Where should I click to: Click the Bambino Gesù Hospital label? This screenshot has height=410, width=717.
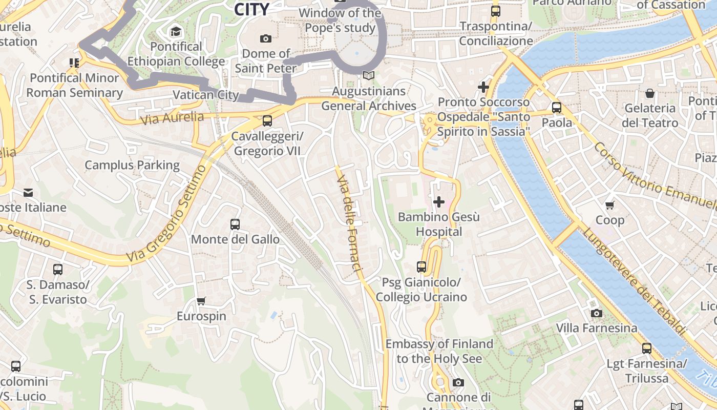click(439, 224)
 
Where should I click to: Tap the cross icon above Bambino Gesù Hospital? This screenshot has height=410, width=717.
click(439, 202)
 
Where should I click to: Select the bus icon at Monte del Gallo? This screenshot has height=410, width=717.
click(235, 224)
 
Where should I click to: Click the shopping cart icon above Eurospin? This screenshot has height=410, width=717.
click(201, 301)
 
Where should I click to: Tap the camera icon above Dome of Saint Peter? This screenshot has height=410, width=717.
click(265, 38)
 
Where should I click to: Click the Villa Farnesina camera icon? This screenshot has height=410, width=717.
click(596, 313)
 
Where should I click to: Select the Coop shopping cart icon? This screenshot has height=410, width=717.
click(609, 206)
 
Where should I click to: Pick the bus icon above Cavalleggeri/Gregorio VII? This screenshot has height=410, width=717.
click(267, 121)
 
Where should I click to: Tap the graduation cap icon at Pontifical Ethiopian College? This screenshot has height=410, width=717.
click(176, 32)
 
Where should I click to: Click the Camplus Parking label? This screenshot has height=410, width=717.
click(132, 165)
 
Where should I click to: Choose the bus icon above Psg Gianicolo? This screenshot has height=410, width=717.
click(421, 267)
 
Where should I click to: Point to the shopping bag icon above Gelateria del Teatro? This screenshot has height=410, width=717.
click(649, 93)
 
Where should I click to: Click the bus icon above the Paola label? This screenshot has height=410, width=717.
click(557, 108)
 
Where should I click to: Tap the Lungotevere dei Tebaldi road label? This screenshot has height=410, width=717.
click(634, 282)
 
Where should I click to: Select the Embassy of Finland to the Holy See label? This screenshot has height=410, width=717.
click(439, 351)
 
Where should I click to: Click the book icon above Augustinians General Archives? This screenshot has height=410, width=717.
click(368, 76)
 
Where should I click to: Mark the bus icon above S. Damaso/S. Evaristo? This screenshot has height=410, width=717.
click(58, 270)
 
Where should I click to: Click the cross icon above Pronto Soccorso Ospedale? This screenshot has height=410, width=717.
click(483, 87)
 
